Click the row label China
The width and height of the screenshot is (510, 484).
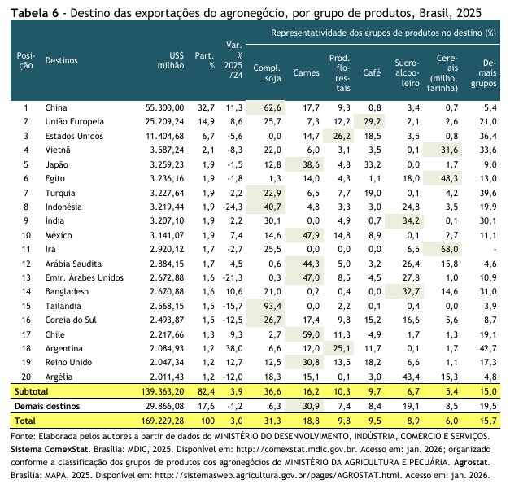[56, 107]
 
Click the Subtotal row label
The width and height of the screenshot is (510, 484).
[30, 392]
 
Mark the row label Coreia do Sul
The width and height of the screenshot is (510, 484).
[70, 320]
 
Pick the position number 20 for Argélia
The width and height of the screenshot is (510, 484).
[26, 377]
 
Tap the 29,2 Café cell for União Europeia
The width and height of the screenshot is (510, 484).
[371, 121]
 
